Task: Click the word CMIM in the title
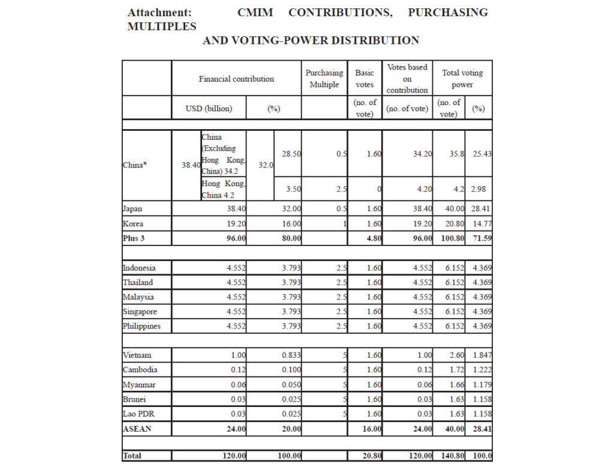pyautogui.click(x=255, y=13)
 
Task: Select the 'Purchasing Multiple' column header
pyautogui.click(x=324, y=79)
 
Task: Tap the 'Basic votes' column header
pyautogui.click(x=365, y=79)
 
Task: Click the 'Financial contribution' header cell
pyautogui.click(x=236, y=79)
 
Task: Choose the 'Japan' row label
pyautogui.click(x=133, y=209)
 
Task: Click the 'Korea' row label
pyautogui.click(x=133, y=223)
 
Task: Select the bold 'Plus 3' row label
pyautogui.click(x=133, y=238)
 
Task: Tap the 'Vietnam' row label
pyautogui.click(x=137, y=355)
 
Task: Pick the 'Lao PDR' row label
pyautogui.click(x=137, y=414)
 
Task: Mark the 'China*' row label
pyautogui.click(x=135, y=165)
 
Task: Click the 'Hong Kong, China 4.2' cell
pyautogui.click(x=223, y=189)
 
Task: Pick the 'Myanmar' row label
pyautogui.click(x=139, y=384)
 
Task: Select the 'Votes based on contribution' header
pyautogui.click(x=407, y=79)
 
